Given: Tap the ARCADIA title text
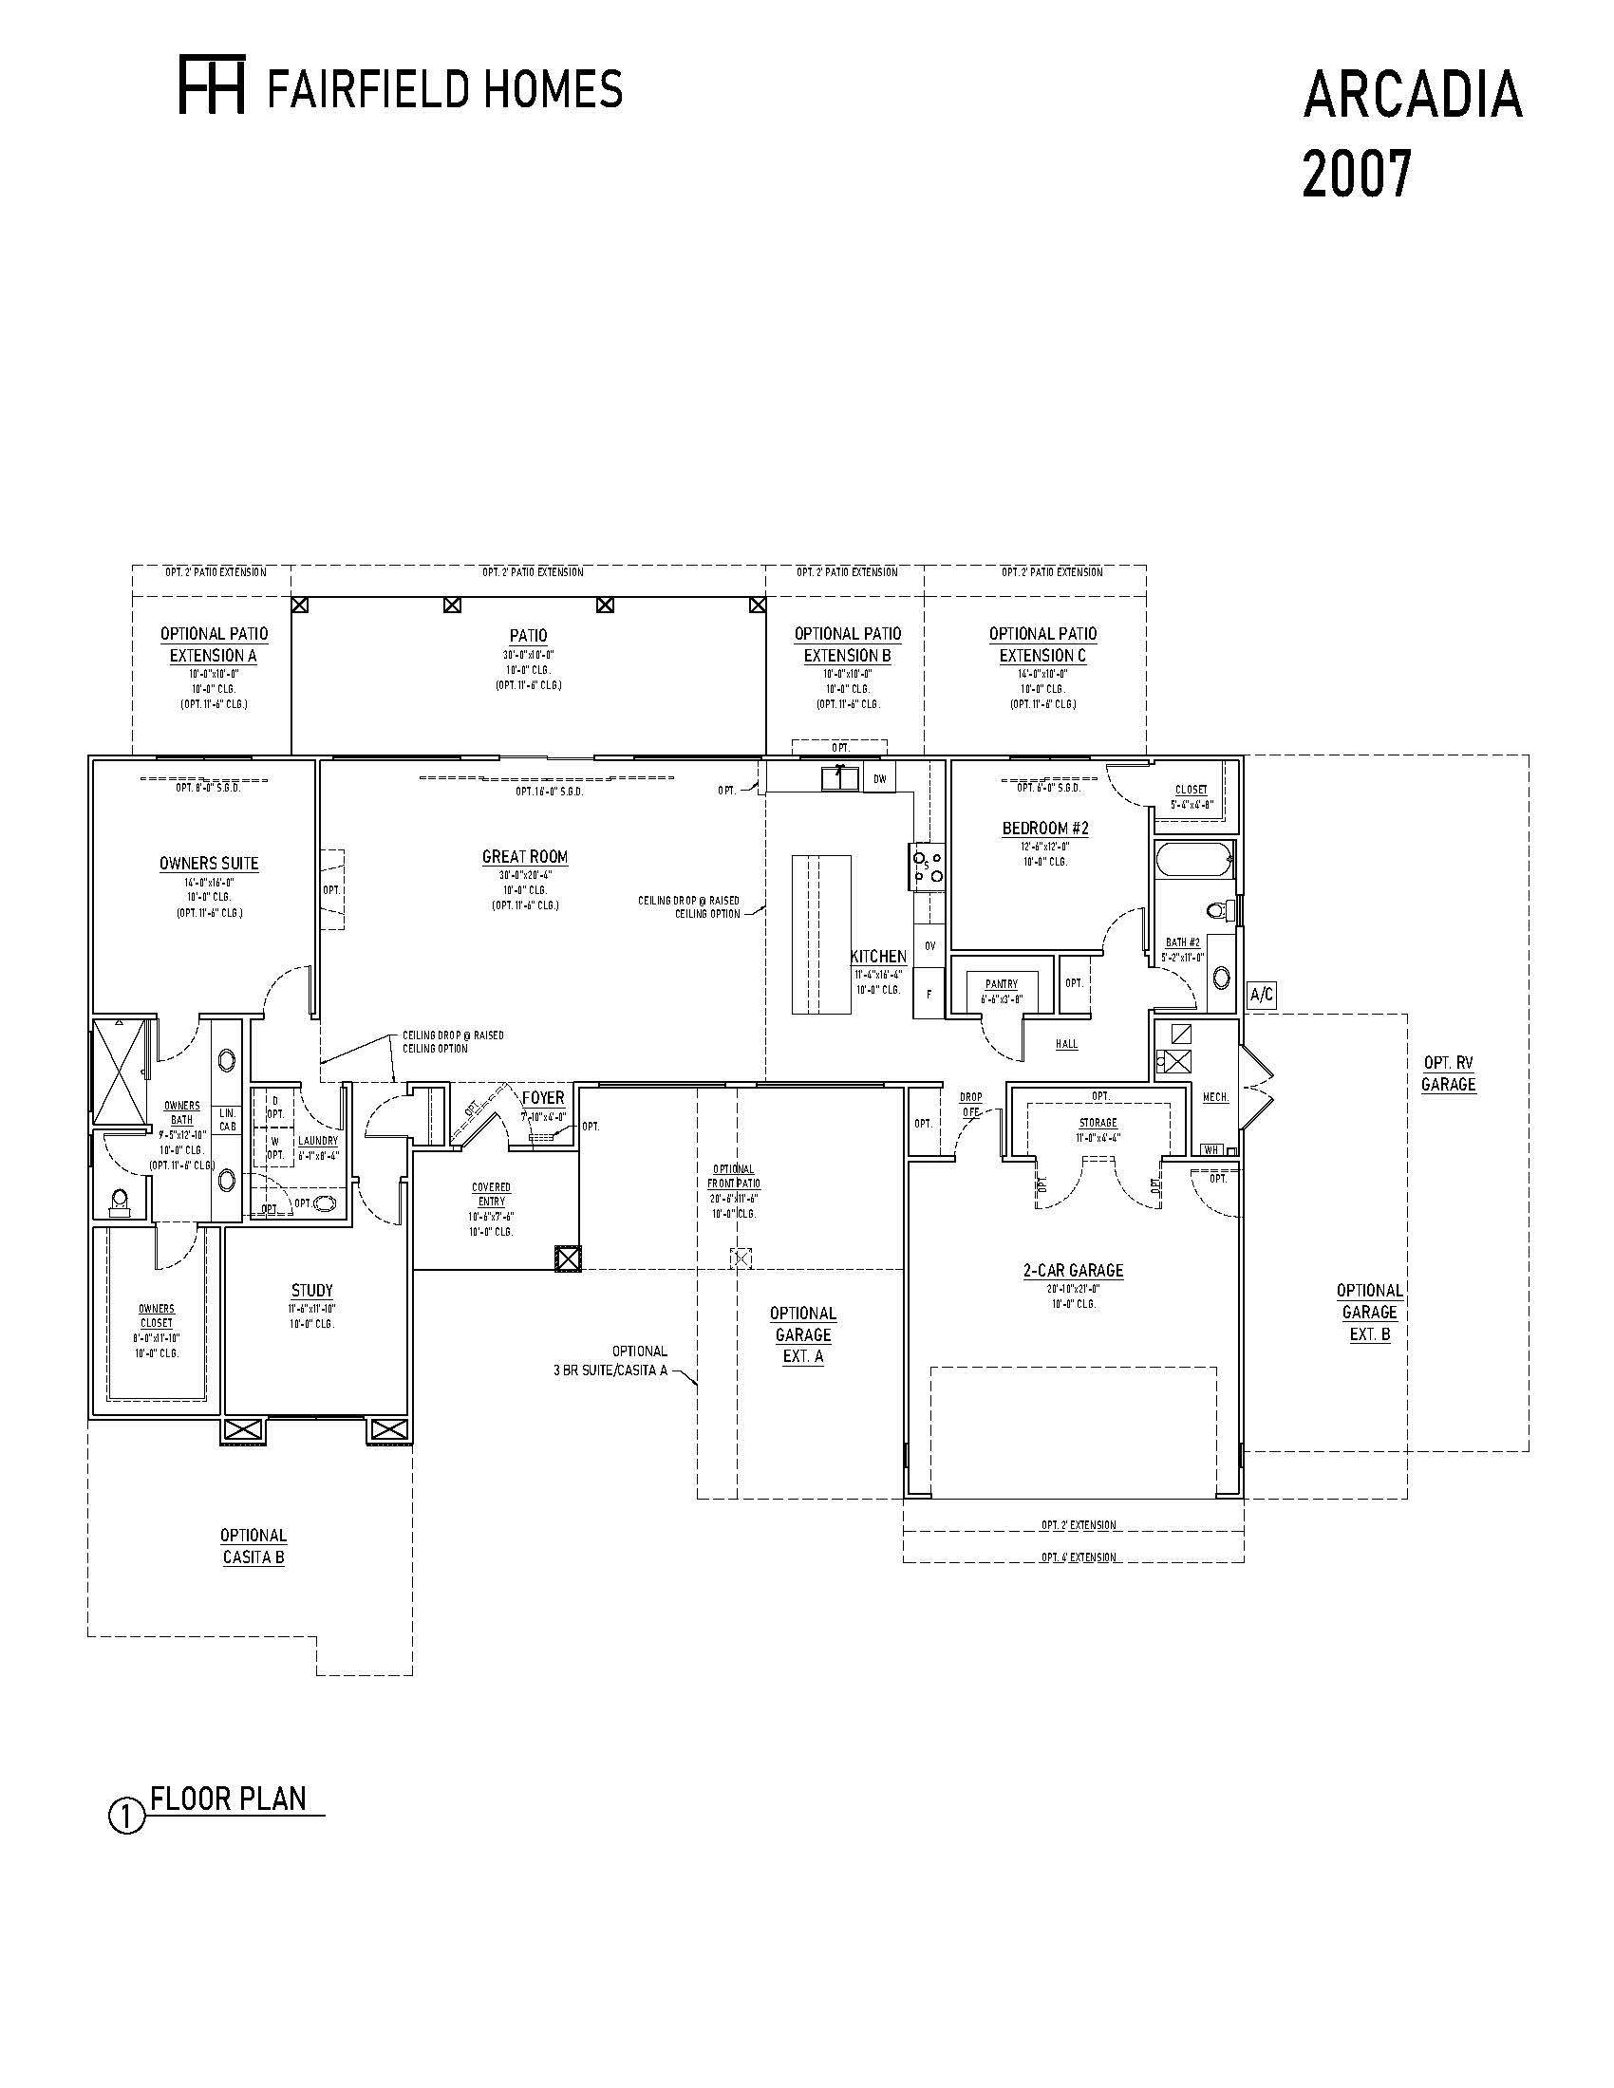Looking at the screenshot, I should pos(1411,96).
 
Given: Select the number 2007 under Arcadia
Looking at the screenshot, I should pos(1356,175).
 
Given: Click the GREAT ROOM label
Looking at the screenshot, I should pos(525,858).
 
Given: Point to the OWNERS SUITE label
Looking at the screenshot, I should pos(209,864).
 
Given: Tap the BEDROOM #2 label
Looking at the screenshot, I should pos(1045,828).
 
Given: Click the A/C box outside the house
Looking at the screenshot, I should pos(1261,996).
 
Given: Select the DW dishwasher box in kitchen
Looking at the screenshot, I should pos(880,779).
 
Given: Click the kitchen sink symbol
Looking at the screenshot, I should pos(839,777).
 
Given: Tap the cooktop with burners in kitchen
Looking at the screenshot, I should pos(928,867).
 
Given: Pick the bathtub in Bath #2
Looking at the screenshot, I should pos(1193,861).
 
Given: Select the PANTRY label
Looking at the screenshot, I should pos(1001,984).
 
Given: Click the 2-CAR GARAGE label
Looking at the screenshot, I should pos(1073,1271).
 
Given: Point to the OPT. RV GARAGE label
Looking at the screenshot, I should pos(1448,1073).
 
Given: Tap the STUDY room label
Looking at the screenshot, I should pos(311,1291).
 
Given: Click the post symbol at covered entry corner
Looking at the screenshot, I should pos(567,1258).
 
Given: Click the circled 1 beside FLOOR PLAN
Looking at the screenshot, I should pos(126,1817).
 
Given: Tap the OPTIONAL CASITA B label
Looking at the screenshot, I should pos(253,1546).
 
